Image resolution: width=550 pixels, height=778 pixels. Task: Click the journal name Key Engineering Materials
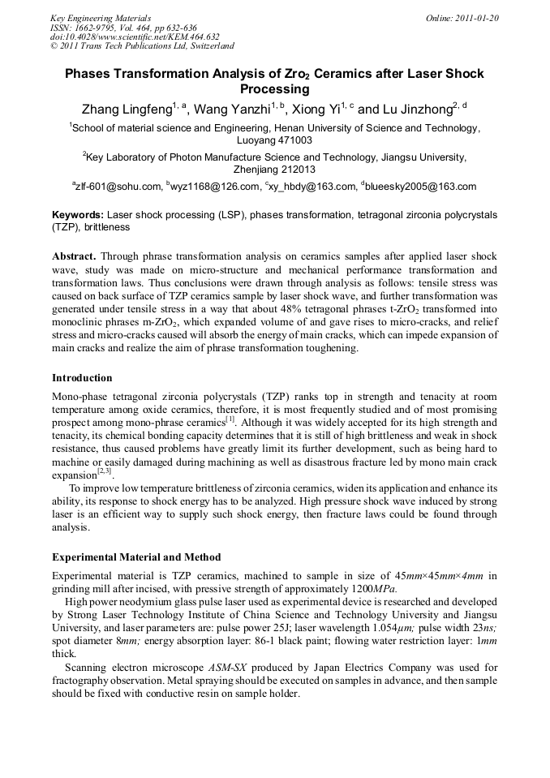coord(101,17)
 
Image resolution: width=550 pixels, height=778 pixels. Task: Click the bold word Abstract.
coord(74,256)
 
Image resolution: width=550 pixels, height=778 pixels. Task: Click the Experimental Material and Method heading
coord(136,557)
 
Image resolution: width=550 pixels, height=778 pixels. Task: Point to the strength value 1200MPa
coord(373,588)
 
